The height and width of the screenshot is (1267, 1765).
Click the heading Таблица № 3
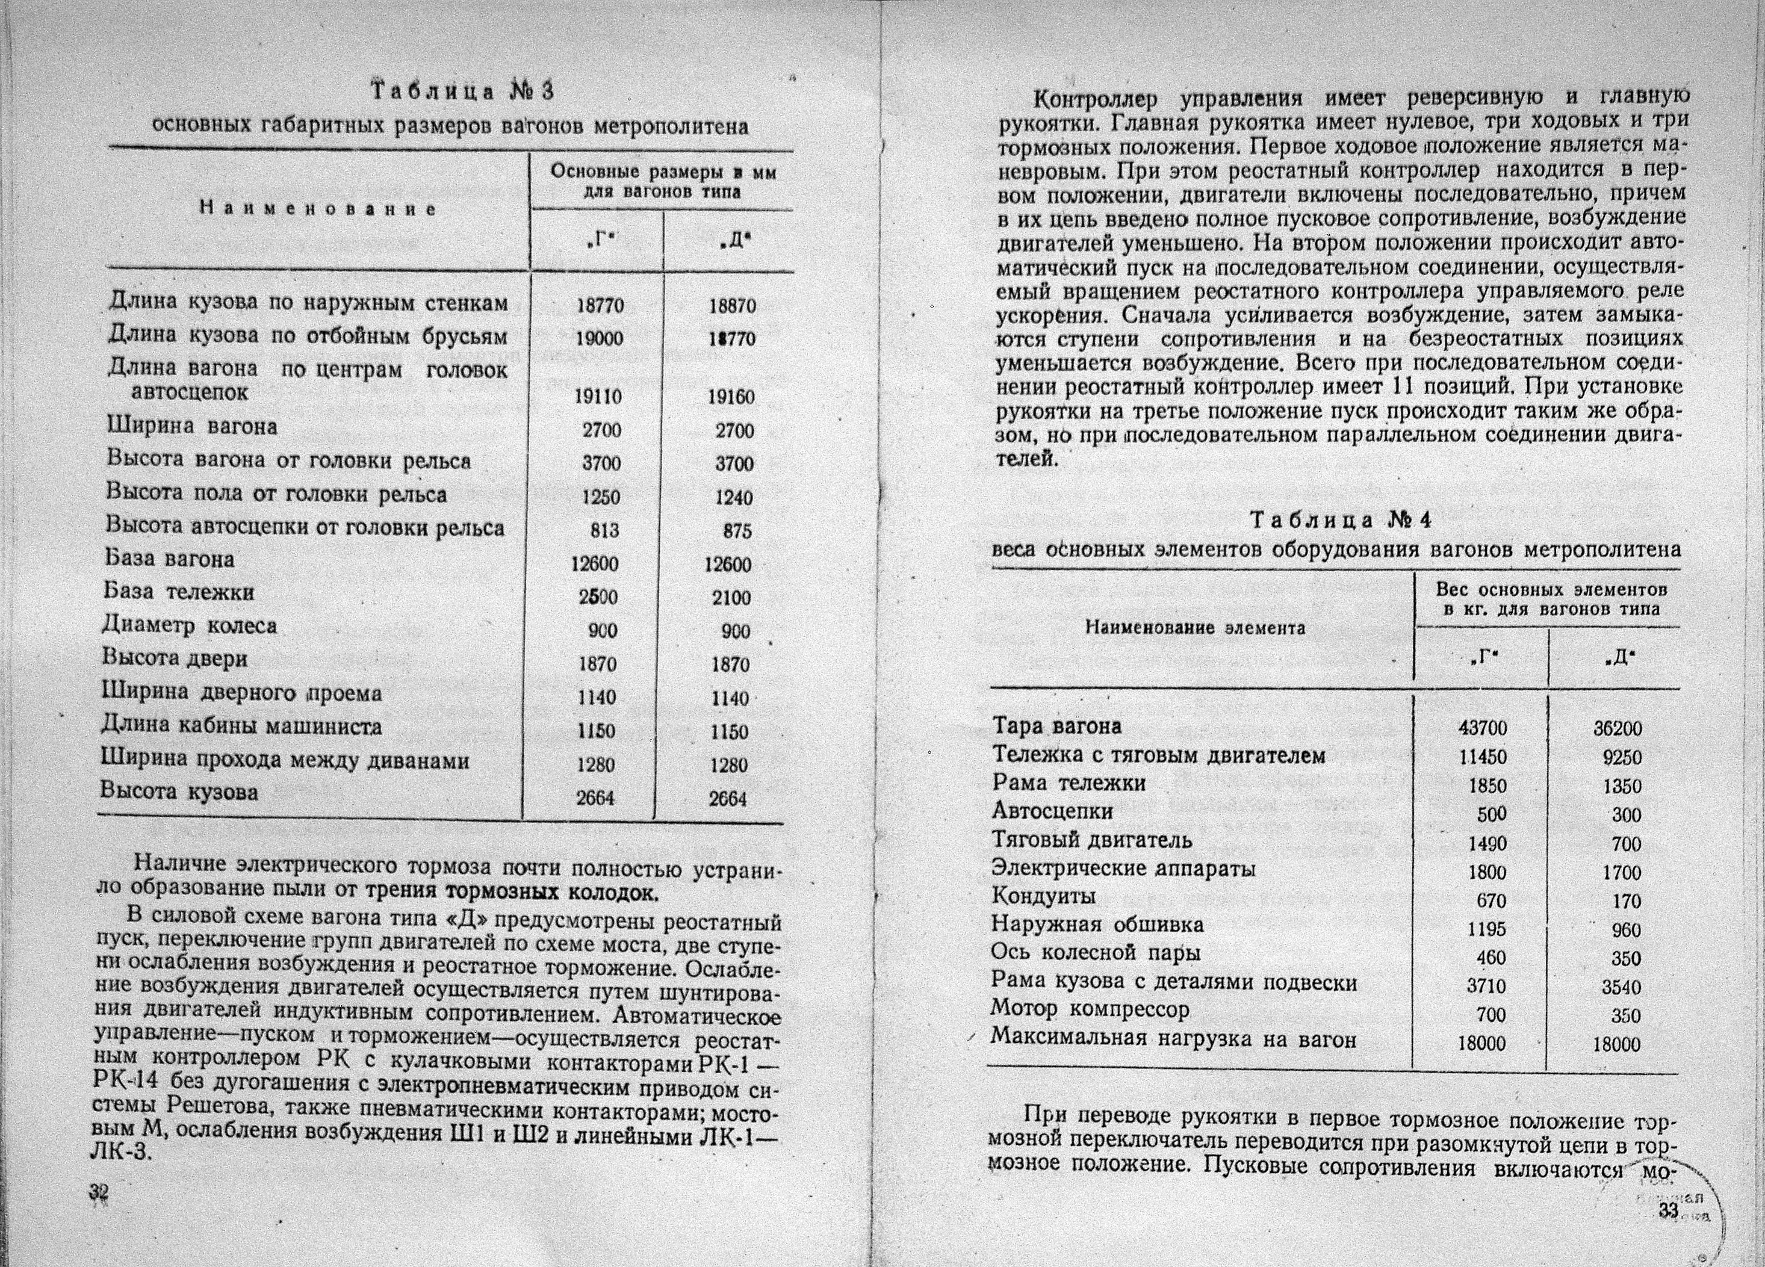pos(462,92)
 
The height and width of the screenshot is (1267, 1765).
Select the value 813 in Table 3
pos(604,530)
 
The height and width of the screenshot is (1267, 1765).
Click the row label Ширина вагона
pos(192,427)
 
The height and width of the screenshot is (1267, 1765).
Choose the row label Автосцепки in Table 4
pos(1052,811)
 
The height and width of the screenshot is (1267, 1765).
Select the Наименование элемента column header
pos(1196,628)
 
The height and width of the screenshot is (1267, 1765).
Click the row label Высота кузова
pos(179,791)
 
